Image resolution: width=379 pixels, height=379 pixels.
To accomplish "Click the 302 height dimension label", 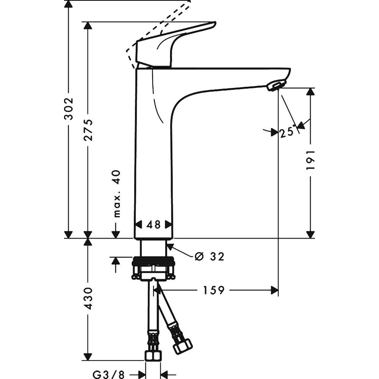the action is [x=69, y=109].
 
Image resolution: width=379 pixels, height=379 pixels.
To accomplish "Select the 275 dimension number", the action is [x=88, y=130].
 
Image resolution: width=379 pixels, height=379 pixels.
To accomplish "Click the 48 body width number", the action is [x=154, y=225].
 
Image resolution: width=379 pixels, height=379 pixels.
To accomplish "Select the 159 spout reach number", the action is [x=214, y=290].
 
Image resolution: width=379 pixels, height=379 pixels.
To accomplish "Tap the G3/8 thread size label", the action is [x=108, y=375].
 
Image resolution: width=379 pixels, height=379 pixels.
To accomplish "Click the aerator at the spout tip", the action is [x=275, y=86].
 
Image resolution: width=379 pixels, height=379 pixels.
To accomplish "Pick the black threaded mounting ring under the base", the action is [x=153, y=261].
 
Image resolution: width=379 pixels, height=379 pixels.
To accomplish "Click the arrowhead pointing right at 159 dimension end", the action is [x=274, y=290].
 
